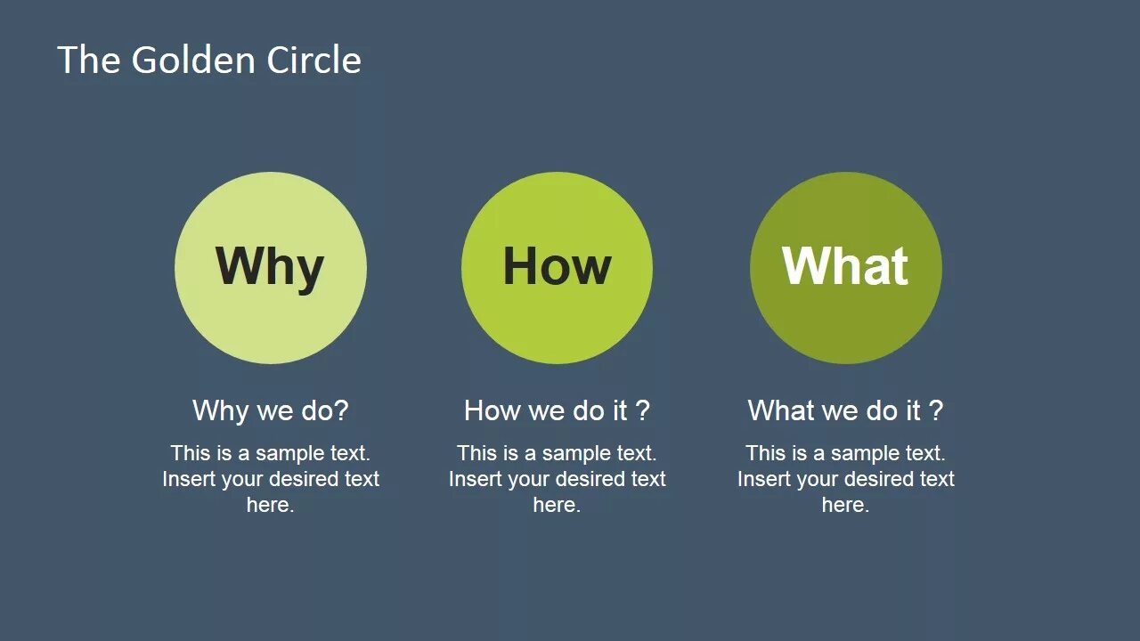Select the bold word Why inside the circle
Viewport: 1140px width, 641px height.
point(270,266)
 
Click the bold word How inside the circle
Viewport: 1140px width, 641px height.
point(557,266)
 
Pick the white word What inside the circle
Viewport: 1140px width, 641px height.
point(845,265)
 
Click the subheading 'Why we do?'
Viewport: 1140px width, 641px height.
point(270,410)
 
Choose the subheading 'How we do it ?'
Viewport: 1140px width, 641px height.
point(557,410)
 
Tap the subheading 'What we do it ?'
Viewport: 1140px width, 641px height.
point(845,410)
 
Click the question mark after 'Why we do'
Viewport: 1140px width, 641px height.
point(341,410)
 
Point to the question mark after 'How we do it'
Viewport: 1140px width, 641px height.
point(642,410)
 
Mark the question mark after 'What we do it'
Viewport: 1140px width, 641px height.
point(935,410)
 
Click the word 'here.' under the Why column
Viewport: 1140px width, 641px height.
point(270,505)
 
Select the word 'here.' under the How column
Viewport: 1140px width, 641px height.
point(557,505)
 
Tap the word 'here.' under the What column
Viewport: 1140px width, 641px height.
point(845,505)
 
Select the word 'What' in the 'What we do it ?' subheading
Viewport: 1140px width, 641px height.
point(780,410)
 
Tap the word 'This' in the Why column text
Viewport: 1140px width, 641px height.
point(190,453)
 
